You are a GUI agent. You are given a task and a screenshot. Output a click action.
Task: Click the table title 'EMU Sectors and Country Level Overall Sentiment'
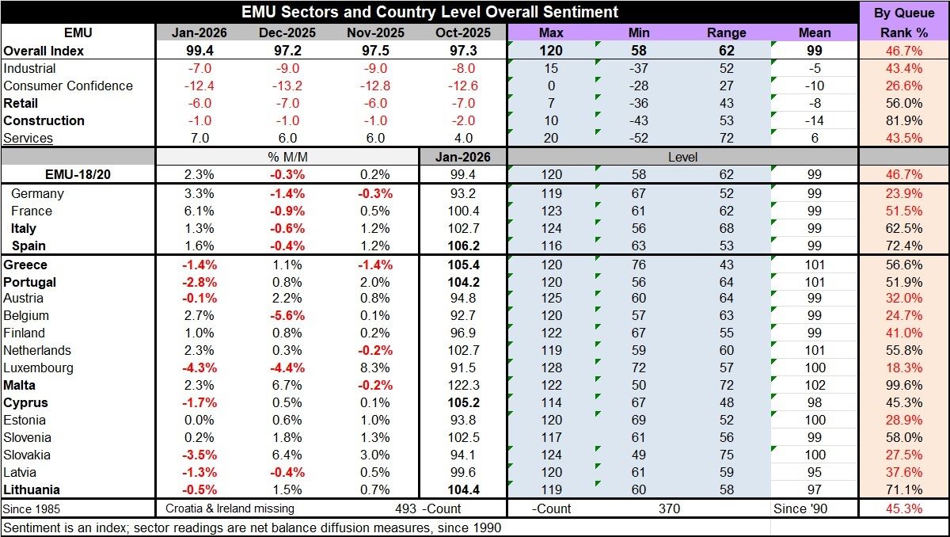429,12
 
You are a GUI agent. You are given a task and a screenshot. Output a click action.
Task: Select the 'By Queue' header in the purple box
904,13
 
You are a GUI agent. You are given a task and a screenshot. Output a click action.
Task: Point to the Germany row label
37,193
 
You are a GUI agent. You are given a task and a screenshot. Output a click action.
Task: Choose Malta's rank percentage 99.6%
904,385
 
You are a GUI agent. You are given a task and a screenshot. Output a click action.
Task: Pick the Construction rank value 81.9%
904,120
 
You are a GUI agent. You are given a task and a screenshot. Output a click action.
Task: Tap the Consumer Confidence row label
68,86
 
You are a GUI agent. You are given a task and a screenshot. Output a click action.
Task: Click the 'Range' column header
727,32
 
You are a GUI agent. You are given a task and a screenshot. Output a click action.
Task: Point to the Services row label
28,138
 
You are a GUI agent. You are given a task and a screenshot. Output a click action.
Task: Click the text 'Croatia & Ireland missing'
230,508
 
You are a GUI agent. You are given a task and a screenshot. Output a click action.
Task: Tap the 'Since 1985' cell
32,508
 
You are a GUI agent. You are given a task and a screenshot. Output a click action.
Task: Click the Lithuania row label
32,489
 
